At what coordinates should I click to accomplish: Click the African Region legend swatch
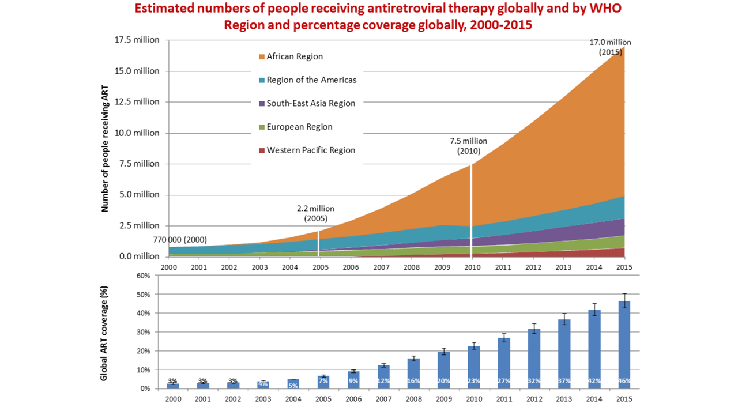(x=262, y=56)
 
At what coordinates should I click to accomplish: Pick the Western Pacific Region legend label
(x=311, y=150)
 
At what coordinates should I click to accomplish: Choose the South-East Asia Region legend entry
(x=311, y=104)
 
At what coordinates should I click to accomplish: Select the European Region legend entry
(x=299, y=127)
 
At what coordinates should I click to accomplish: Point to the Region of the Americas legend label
(x=311, y=80)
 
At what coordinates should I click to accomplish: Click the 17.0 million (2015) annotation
(x=609, y=47)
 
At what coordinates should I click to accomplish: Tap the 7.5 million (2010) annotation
(x=468, y=146)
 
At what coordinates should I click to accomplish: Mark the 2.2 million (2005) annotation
(x=315, y=213)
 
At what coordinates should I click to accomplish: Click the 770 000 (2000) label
(x=179, y=239)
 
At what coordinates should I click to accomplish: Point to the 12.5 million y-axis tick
(x=138, y=102)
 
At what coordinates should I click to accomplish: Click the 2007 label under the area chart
(x=381, y=267)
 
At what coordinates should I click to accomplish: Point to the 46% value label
(x=624, y=381)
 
